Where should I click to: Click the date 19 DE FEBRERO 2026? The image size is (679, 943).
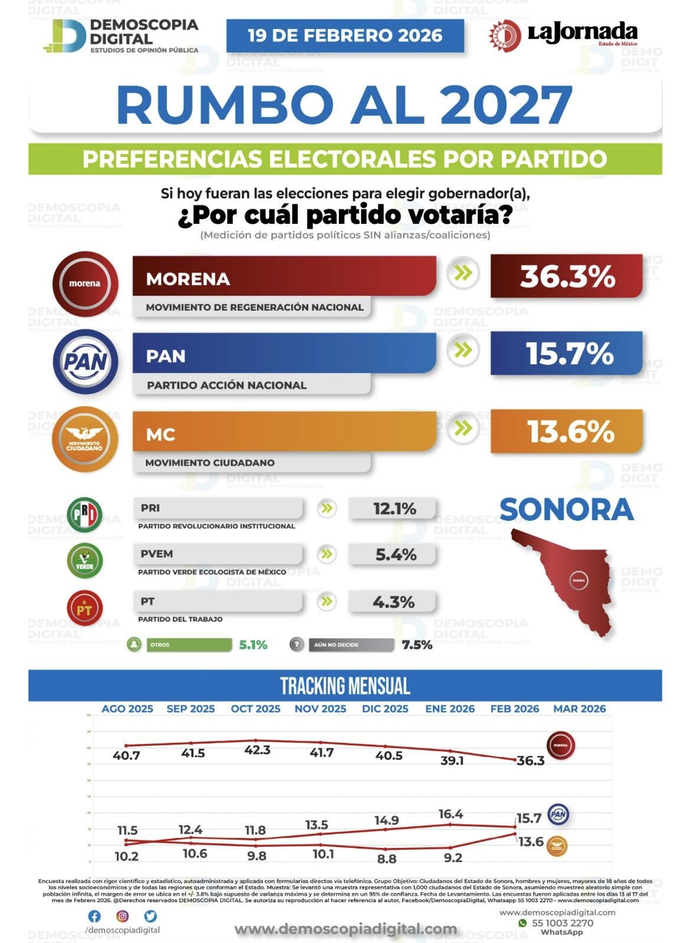click(x=345, y=35)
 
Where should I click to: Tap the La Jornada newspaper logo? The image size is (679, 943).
click(x=563, y=34)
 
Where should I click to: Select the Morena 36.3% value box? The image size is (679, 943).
click(x=566, y=276)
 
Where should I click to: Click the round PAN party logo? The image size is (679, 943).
click(x=85, y=361)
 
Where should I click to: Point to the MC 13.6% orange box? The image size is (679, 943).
click(x=566, y=432)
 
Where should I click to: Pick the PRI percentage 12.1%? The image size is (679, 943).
click(x=394, y=508)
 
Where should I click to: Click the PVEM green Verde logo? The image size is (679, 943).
click(x=84, y=560)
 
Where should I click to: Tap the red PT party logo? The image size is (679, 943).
click(x=84, y=608)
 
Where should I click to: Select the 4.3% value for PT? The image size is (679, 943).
click(x=394, y=602)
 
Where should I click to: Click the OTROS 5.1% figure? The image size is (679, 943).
click(x=253, y=645)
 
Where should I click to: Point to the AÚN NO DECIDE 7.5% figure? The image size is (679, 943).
click(x=417, y=645)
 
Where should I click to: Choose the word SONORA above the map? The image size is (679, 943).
click(x=566, y=510)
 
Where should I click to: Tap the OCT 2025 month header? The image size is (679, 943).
click(x=256, y=709)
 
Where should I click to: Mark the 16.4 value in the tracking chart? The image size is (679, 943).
click(x=451, y=814)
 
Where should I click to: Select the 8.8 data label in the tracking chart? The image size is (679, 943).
click(x=386, y=858)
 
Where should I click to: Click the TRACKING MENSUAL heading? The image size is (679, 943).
click(x=345, y=686)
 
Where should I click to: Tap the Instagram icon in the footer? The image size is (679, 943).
click(x=122, y=916)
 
